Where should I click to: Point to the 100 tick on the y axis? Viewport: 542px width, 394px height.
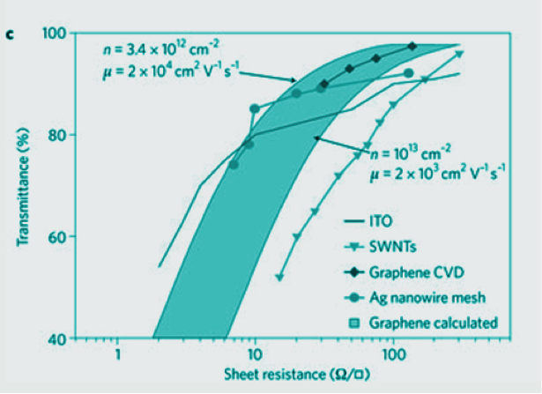pos(56,33)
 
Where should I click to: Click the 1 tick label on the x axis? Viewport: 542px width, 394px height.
pos(117,355)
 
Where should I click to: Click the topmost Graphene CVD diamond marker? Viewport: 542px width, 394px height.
pos(412,46)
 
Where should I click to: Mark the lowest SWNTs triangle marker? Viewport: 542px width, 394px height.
pos(279,277)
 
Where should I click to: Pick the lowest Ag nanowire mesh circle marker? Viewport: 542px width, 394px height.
pos(234,164)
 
